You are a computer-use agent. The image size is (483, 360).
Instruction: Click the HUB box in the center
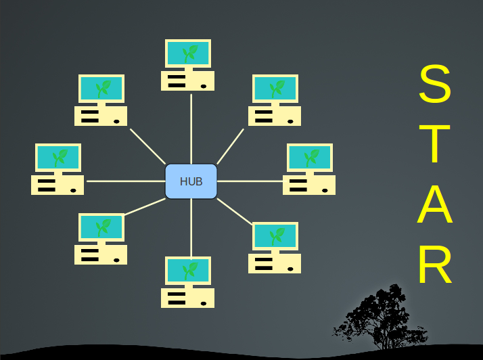click(191, 181)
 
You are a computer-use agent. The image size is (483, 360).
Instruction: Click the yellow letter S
click(434, 84)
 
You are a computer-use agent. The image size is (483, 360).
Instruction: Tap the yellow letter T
click(434, 143)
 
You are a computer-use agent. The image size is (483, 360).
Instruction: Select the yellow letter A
click(434, 204)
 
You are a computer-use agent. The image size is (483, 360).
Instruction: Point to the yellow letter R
click(434, 264)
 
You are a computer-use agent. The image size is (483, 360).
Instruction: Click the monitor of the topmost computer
click(188, 53)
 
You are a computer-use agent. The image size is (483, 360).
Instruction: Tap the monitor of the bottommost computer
click(188, 270)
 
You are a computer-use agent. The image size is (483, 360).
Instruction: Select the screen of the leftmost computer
click(58, 157)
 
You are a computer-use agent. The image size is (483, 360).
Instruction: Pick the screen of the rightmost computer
click(310, 157)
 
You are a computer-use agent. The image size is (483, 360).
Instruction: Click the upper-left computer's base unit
click(101, 116)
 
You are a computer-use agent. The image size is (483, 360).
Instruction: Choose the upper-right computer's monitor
click(275, 88)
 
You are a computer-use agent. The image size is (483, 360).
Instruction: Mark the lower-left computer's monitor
click(101, 227)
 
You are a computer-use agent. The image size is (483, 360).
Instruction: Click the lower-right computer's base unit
click(275, 263)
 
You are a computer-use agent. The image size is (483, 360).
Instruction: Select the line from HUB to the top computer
click(191, 129)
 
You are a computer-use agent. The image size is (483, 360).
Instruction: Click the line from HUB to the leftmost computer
click(125, 181)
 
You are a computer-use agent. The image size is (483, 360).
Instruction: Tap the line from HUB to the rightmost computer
click(250, 181)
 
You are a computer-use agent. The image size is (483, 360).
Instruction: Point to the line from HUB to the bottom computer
click(191, 227)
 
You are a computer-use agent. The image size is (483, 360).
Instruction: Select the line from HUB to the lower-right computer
click(234, 211)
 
